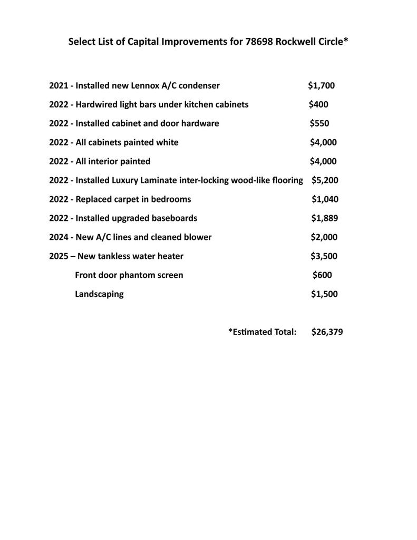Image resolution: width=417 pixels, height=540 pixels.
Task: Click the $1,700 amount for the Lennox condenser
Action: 321,85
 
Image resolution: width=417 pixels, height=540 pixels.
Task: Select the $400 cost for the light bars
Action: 318,104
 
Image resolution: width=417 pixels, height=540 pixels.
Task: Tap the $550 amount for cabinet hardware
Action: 319,123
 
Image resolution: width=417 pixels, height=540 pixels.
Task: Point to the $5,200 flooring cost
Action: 325,180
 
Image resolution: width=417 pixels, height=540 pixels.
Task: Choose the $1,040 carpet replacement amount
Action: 325,199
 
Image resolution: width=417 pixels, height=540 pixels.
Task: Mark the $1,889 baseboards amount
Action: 324,218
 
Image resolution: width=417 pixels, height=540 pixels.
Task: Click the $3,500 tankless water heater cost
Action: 324,256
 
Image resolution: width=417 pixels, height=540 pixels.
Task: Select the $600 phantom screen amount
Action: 322,275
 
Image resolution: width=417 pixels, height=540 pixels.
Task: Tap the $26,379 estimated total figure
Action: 327,332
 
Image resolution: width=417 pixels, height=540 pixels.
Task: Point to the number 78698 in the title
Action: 259,42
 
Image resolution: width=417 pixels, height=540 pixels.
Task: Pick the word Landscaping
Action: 99,294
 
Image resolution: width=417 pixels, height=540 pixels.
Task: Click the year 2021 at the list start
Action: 59,85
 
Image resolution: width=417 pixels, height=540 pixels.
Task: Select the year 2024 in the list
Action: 59,237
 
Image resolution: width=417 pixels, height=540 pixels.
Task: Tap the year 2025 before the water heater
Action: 59,256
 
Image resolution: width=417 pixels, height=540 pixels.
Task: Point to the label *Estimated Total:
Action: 262,332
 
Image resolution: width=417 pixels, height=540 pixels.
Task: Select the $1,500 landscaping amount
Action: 324,294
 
